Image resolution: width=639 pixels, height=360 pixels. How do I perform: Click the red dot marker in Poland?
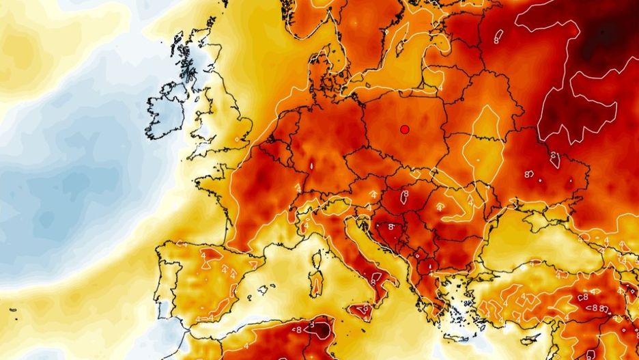[404, 128]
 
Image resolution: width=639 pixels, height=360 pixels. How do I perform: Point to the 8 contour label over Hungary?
[405, 195]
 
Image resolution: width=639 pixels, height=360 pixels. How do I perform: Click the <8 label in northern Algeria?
[296, 329]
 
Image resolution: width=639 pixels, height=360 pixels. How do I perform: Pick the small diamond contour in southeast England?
[238, 141]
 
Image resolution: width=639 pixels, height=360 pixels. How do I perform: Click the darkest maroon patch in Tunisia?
[321, 329]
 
